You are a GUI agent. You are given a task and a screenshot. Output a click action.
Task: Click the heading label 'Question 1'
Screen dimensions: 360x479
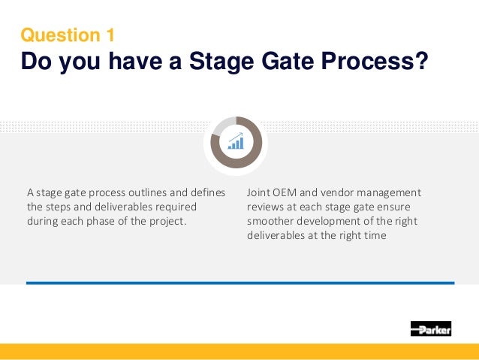pos(68,35)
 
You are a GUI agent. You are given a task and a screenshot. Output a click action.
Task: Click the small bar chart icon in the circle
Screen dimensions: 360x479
pos(236,141)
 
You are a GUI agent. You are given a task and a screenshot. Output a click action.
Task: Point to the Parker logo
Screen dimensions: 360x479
pos(431,328)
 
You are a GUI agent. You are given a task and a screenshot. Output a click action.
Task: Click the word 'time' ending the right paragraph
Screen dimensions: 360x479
pos(375,237)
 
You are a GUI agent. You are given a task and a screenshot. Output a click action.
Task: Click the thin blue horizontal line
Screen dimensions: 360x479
pos(240,283)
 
